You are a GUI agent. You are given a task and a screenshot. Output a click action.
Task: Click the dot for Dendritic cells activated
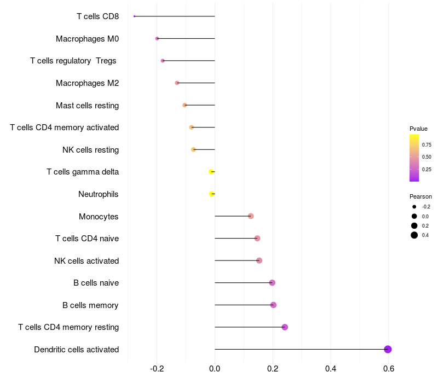pyautogui.click(x=388, y=350)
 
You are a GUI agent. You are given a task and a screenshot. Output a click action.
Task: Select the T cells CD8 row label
pyautogui.click(x=97, y=16)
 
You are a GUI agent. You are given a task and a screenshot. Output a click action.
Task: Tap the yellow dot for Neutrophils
pyautogui.click(x=212, y=194)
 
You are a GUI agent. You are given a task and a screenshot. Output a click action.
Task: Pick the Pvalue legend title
pyautogui.click(x=418, y=129)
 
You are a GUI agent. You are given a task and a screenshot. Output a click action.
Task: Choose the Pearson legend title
pyautogui.click(x=420, y=196)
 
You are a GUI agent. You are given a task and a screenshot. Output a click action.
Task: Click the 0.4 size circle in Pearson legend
pyautogui.click(x=414, y=235)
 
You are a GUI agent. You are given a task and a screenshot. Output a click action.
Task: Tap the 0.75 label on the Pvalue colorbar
pyautogui.click(x=427, y=145)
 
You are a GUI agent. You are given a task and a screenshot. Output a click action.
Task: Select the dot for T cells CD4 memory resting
pyautogui.click(x=285, y=327)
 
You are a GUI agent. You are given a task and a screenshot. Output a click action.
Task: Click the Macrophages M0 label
pyautogui.click(x=87, y=39)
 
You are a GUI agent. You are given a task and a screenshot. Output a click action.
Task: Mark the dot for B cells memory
pyautogui.click(x=273, y=305)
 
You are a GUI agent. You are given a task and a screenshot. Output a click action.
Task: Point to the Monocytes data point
pyautogui.click(x=251, y=216)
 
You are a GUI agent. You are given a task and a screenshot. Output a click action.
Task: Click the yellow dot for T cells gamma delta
pyautogui.click(x=211, y=172)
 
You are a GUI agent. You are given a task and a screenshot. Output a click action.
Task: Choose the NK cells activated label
pyautogui.click(x=87, y=260)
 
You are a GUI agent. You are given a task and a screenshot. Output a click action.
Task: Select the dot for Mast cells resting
pyautogui.click(x=185, y=105)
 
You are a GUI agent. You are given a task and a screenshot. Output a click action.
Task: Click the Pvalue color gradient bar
pyautogui.click(x=414, y=158)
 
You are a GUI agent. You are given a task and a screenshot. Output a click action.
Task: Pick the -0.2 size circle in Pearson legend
pyautogui.click(x=414, y=207)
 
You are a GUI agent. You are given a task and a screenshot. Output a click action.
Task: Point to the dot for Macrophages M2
pyautogui.click(x=177, y=83)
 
